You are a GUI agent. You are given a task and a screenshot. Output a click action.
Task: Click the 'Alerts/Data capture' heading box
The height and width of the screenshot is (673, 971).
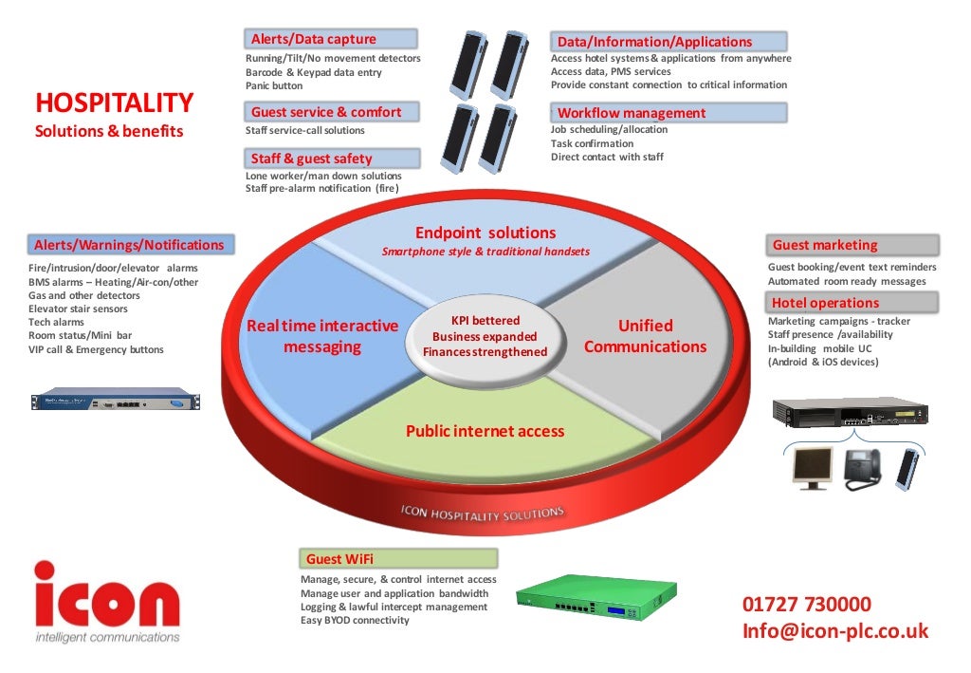tap(332, 39)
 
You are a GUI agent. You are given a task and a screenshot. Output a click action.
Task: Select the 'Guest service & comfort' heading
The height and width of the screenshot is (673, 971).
tap(332, 112)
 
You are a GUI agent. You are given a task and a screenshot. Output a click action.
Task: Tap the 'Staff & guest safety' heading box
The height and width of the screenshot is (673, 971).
tap(332, 159)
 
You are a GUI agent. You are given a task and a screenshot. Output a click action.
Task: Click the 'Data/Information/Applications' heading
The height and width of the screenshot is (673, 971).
tap(669, 42)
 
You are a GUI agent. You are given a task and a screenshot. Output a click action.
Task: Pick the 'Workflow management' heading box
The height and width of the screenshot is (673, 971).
tap(669, 113)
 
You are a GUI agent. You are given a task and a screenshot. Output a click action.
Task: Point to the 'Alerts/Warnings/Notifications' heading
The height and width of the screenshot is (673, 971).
tap(129, 245)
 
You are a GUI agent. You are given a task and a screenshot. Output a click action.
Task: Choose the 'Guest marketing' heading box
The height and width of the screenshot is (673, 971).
tap(852, 245)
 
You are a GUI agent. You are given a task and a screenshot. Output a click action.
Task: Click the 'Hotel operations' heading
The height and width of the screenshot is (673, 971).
tap(852, 303)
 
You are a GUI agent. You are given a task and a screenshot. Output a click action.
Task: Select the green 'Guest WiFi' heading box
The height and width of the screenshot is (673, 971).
tap(398, 559)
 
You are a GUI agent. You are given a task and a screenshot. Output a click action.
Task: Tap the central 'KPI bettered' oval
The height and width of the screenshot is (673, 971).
tap(485, 336)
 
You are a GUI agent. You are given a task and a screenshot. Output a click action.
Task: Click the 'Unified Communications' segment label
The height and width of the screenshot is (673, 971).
tap(645, 336)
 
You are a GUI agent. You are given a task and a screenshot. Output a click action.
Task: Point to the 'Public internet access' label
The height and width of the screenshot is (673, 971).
tap(485, 431)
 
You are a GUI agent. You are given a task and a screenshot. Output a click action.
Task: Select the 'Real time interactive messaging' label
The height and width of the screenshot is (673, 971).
tap(322, 336)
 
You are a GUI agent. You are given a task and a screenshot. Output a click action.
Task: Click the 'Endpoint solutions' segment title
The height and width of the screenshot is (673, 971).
tap(485, 234)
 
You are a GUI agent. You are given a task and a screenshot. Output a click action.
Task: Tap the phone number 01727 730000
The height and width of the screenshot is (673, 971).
tap(807, 605)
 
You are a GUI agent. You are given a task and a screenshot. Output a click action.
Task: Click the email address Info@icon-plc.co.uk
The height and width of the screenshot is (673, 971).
tap(835, 631)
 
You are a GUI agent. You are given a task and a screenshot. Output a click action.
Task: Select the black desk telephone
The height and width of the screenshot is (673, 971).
tap(861, 467)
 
